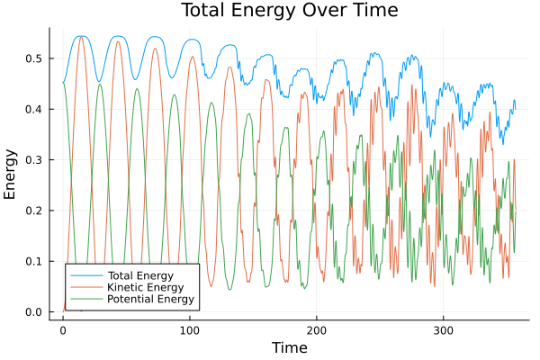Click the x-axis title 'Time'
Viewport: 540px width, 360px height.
289,347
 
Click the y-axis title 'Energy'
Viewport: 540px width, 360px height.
12,175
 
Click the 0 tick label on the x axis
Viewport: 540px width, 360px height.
62,329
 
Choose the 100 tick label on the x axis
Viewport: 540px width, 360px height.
189,329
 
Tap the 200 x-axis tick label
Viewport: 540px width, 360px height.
316,329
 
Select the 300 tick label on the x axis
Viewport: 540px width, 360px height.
443,329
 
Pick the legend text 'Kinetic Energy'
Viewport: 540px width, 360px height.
144,287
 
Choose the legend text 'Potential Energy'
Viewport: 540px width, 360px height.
149,299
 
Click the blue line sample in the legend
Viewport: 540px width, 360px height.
86,274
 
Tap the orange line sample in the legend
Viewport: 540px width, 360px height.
86,287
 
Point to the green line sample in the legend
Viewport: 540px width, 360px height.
86,299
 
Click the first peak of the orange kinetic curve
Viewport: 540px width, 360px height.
81,37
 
